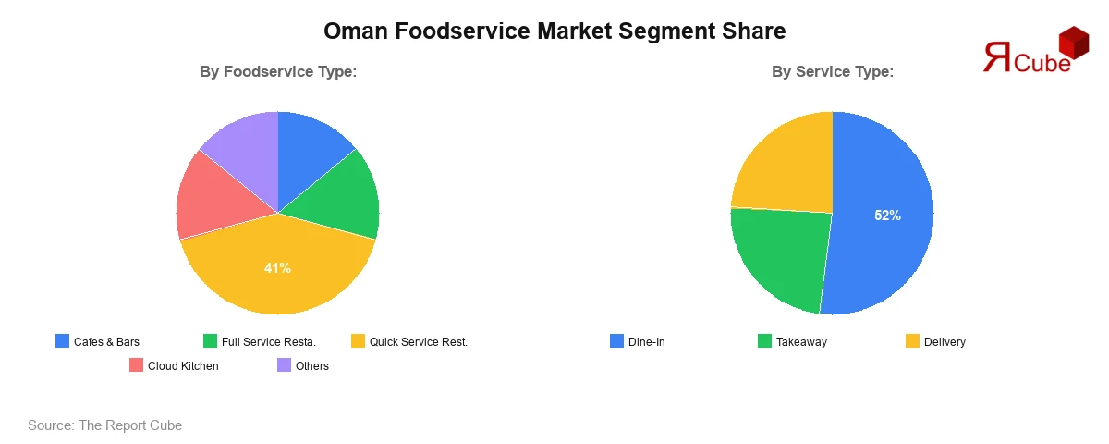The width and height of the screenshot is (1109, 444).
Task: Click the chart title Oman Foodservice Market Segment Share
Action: coord(554,31)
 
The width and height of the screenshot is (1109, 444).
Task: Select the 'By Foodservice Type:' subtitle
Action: coord(278,71)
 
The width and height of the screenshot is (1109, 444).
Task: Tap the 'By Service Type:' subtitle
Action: coord(833,71)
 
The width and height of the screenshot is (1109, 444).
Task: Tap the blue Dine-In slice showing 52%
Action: coord(887,215)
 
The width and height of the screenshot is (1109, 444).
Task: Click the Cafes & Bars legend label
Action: coord(106,342)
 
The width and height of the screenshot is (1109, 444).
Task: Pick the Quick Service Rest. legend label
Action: coord(419,342)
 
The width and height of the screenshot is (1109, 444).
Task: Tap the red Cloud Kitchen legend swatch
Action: coord(136,365)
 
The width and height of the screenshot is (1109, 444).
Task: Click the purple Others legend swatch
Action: coord(285,365)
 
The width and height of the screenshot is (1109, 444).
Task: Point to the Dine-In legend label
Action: coord(646,342)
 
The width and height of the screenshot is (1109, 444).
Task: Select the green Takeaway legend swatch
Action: coord(764,341)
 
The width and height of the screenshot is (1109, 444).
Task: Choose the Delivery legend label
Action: coord(944,342)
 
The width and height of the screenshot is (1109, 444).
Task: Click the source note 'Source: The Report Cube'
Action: coord(104,425)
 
